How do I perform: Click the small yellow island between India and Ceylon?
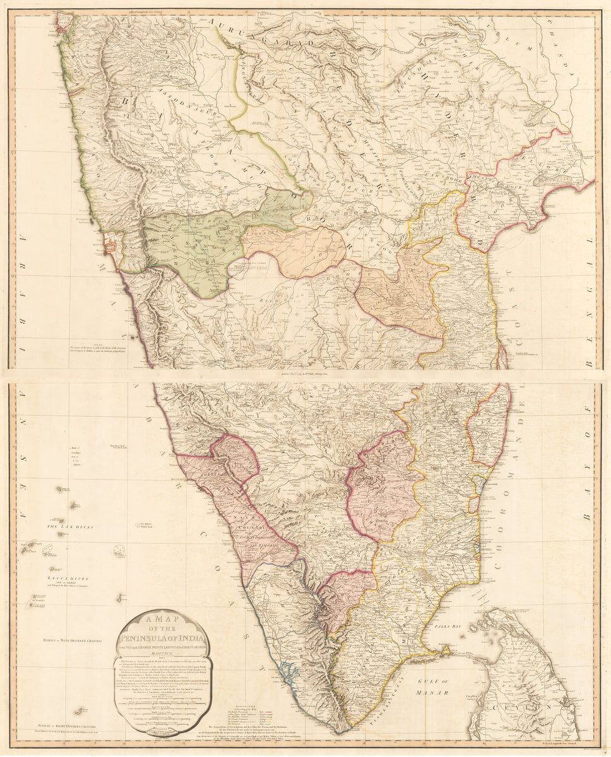[447, 649]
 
